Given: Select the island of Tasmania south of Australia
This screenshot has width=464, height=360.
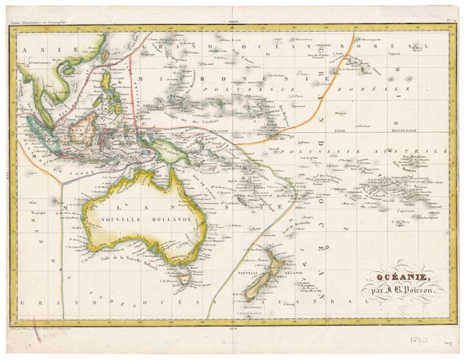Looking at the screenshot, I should click(x=185, y=278).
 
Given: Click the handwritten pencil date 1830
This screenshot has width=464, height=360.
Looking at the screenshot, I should click(x=424, y=339).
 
